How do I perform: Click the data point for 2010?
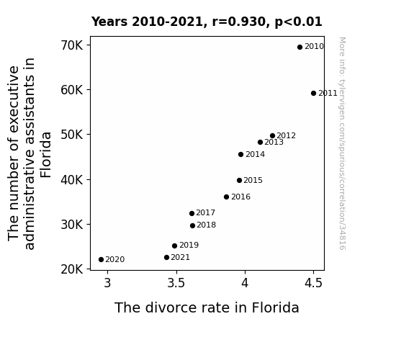(300, 48)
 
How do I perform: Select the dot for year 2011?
(313, 93)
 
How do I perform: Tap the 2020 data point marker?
(101, 260)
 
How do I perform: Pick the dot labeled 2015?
(239, 181)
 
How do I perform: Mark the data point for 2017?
(192, 213)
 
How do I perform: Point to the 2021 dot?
(166, 258)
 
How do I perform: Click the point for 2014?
(240, 155)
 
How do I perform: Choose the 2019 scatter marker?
(174, 246)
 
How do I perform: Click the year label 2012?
(287, 135)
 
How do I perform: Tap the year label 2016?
(240, 197)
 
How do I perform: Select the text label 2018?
(206, 225)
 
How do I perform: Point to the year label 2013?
(274, 142)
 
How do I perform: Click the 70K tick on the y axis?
(72, 45)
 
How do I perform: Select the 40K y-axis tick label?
(72, 180)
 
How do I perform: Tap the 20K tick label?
(72, 269)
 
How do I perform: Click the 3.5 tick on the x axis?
(176, 283)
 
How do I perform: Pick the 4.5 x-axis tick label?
(313, 283)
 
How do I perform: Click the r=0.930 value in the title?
(239, 22)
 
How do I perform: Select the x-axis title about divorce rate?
(207, 307)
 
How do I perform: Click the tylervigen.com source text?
(342, 143)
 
